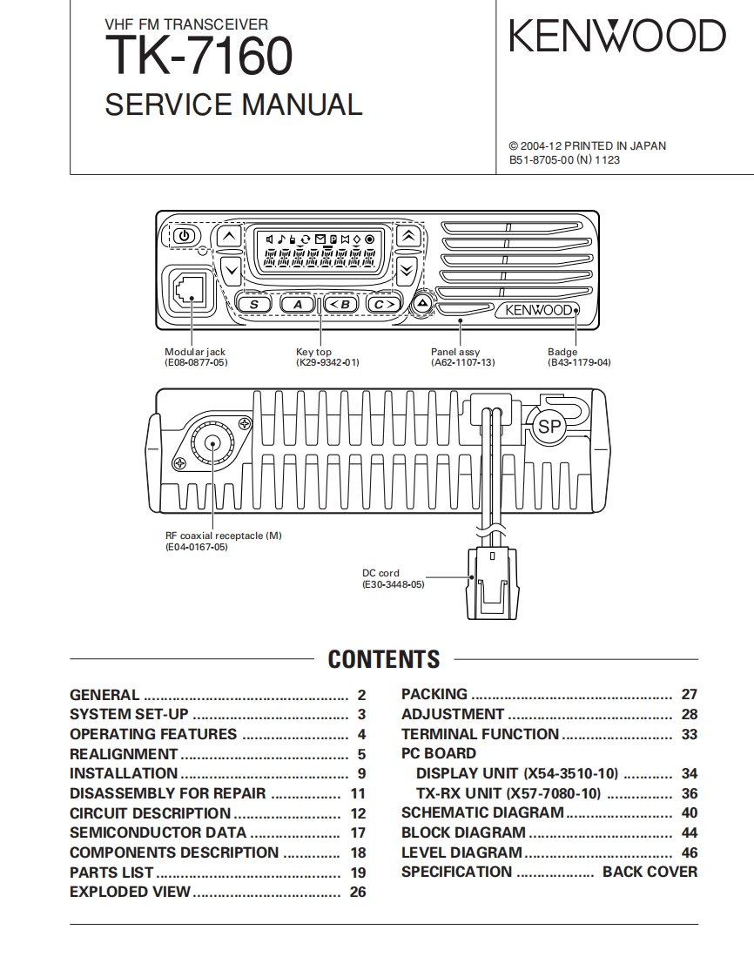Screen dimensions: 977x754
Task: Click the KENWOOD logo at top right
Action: coord(616,37)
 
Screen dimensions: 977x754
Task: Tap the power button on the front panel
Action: coord(184,235)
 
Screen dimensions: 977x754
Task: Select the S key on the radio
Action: coord(254,304)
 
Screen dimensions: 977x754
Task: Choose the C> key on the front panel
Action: coord(383,304)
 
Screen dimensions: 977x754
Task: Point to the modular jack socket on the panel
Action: coord(188,288)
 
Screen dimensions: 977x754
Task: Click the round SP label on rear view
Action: coord(549,427)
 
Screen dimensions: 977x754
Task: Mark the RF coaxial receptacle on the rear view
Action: coord(212,443)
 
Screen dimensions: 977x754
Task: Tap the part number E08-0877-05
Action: coord(196,362)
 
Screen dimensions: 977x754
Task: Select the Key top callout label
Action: coord(313,352)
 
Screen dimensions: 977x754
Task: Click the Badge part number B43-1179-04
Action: coord(579,362)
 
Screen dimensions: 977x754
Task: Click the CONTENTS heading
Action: coord(383,659)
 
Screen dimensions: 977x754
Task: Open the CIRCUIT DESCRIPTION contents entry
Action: coord(150,813)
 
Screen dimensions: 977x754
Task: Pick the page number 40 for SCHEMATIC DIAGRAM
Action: coord(689,813)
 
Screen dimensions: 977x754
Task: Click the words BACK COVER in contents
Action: coord(650,872)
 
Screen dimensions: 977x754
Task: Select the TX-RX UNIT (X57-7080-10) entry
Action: coord(508,793)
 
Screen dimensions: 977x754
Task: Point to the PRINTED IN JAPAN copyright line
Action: coord(587,146)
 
